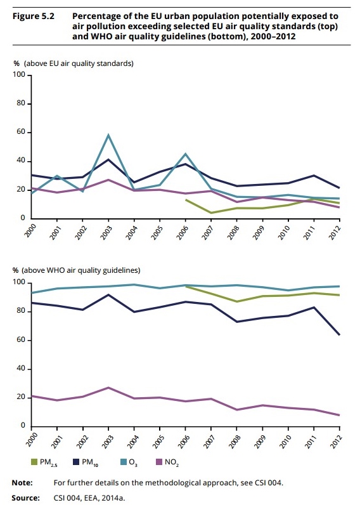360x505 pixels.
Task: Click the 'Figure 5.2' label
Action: tap(34, 16)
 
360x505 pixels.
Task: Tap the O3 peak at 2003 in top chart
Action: tap(108, 134)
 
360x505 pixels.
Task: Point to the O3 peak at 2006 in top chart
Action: tap(185, 154)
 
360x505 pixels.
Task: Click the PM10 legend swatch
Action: tap(76, 462)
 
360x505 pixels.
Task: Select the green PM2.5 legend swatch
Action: tap(34, 462)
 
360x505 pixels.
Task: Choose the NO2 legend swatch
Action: tap(159, 462)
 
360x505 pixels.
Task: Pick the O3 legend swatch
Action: tap(124, 462)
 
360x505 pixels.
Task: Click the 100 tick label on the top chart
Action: tap(18, 75)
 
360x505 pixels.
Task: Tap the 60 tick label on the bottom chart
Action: tap(20, 340)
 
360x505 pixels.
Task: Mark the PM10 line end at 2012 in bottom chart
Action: tap(340, 334)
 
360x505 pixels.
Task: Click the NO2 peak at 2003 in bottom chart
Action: tap(108, 388)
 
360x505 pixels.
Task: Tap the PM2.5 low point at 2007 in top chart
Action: tap(211, 213)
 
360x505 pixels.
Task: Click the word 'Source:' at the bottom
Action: tap(26, 498)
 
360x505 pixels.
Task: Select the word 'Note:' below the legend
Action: tap(22, 483)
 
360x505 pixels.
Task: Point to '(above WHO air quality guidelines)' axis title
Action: tap(80, 270)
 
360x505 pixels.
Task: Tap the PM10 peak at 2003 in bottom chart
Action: tap(108, 294)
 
